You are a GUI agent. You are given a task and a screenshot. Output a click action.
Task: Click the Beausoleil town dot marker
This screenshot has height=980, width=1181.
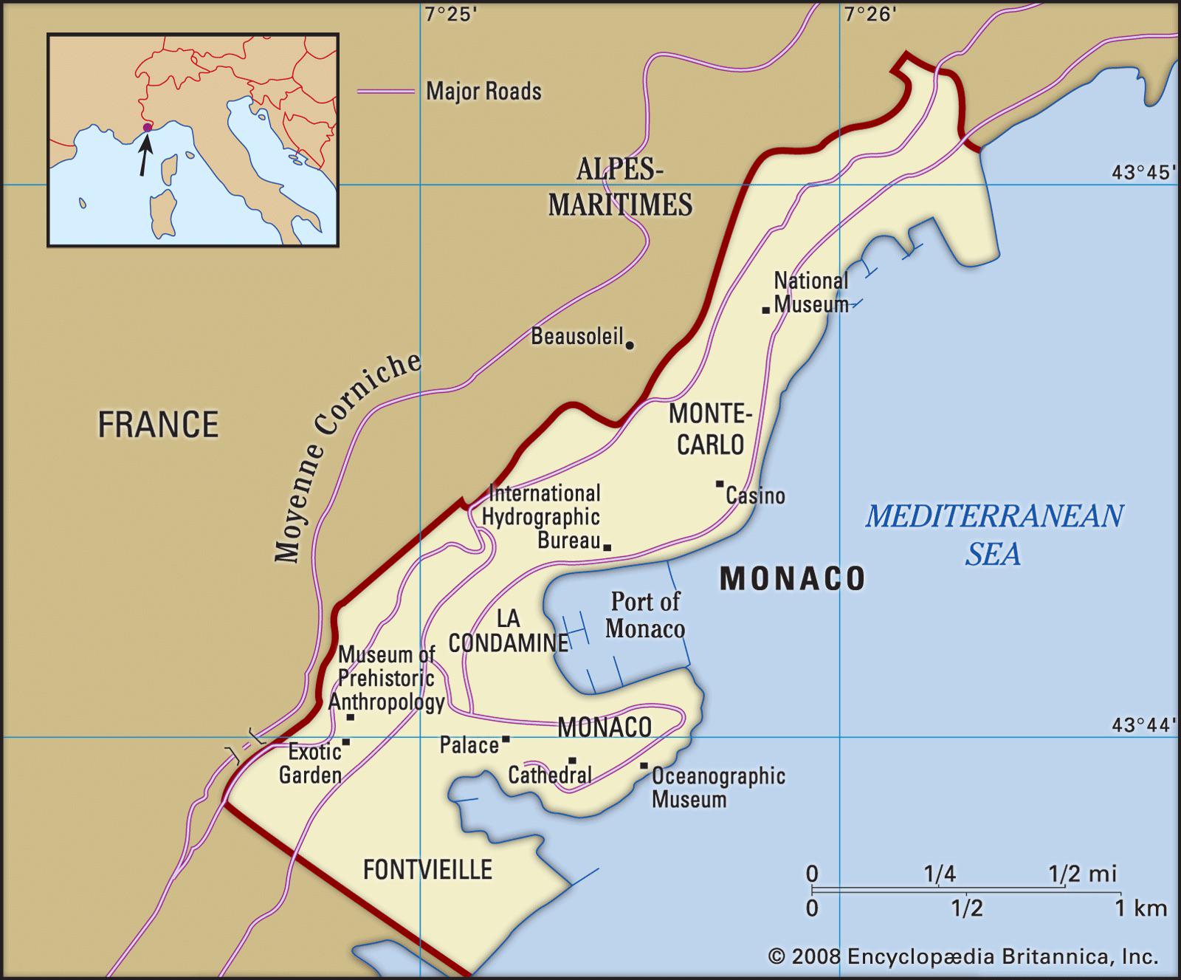(x=630, y=344)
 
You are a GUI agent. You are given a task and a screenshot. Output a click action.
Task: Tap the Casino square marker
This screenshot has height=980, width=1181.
(x=720, y=484)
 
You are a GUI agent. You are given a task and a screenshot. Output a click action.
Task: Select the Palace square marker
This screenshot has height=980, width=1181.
(x=506, y=739)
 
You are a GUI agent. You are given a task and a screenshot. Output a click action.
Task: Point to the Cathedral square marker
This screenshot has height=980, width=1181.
(x=572, y=760)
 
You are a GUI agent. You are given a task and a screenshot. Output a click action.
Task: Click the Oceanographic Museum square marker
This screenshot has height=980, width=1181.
(x=644, y=766)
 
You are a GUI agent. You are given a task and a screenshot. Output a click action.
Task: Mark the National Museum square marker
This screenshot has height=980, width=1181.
(x=766, y=309)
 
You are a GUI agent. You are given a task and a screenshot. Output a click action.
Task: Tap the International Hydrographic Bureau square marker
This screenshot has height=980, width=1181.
(x=607, y=547)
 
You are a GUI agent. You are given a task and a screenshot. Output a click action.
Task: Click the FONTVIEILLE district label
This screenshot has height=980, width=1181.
(x=427, y=869)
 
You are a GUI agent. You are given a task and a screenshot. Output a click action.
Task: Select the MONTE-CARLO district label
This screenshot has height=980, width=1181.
(x=710, y=428)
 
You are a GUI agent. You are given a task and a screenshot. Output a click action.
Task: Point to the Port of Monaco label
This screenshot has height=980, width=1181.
(x=645, y=614)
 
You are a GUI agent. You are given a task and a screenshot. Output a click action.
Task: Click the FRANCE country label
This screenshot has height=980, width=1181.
(x=158, y=425)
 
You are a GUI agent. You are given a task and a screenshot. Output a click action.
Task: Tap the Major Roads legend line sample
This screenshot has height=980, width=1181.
(x=385, y=92)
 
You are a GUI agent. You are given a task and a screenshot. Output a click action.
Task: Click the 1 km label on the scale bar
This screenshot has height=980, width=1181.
(x=1140, y=908)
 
